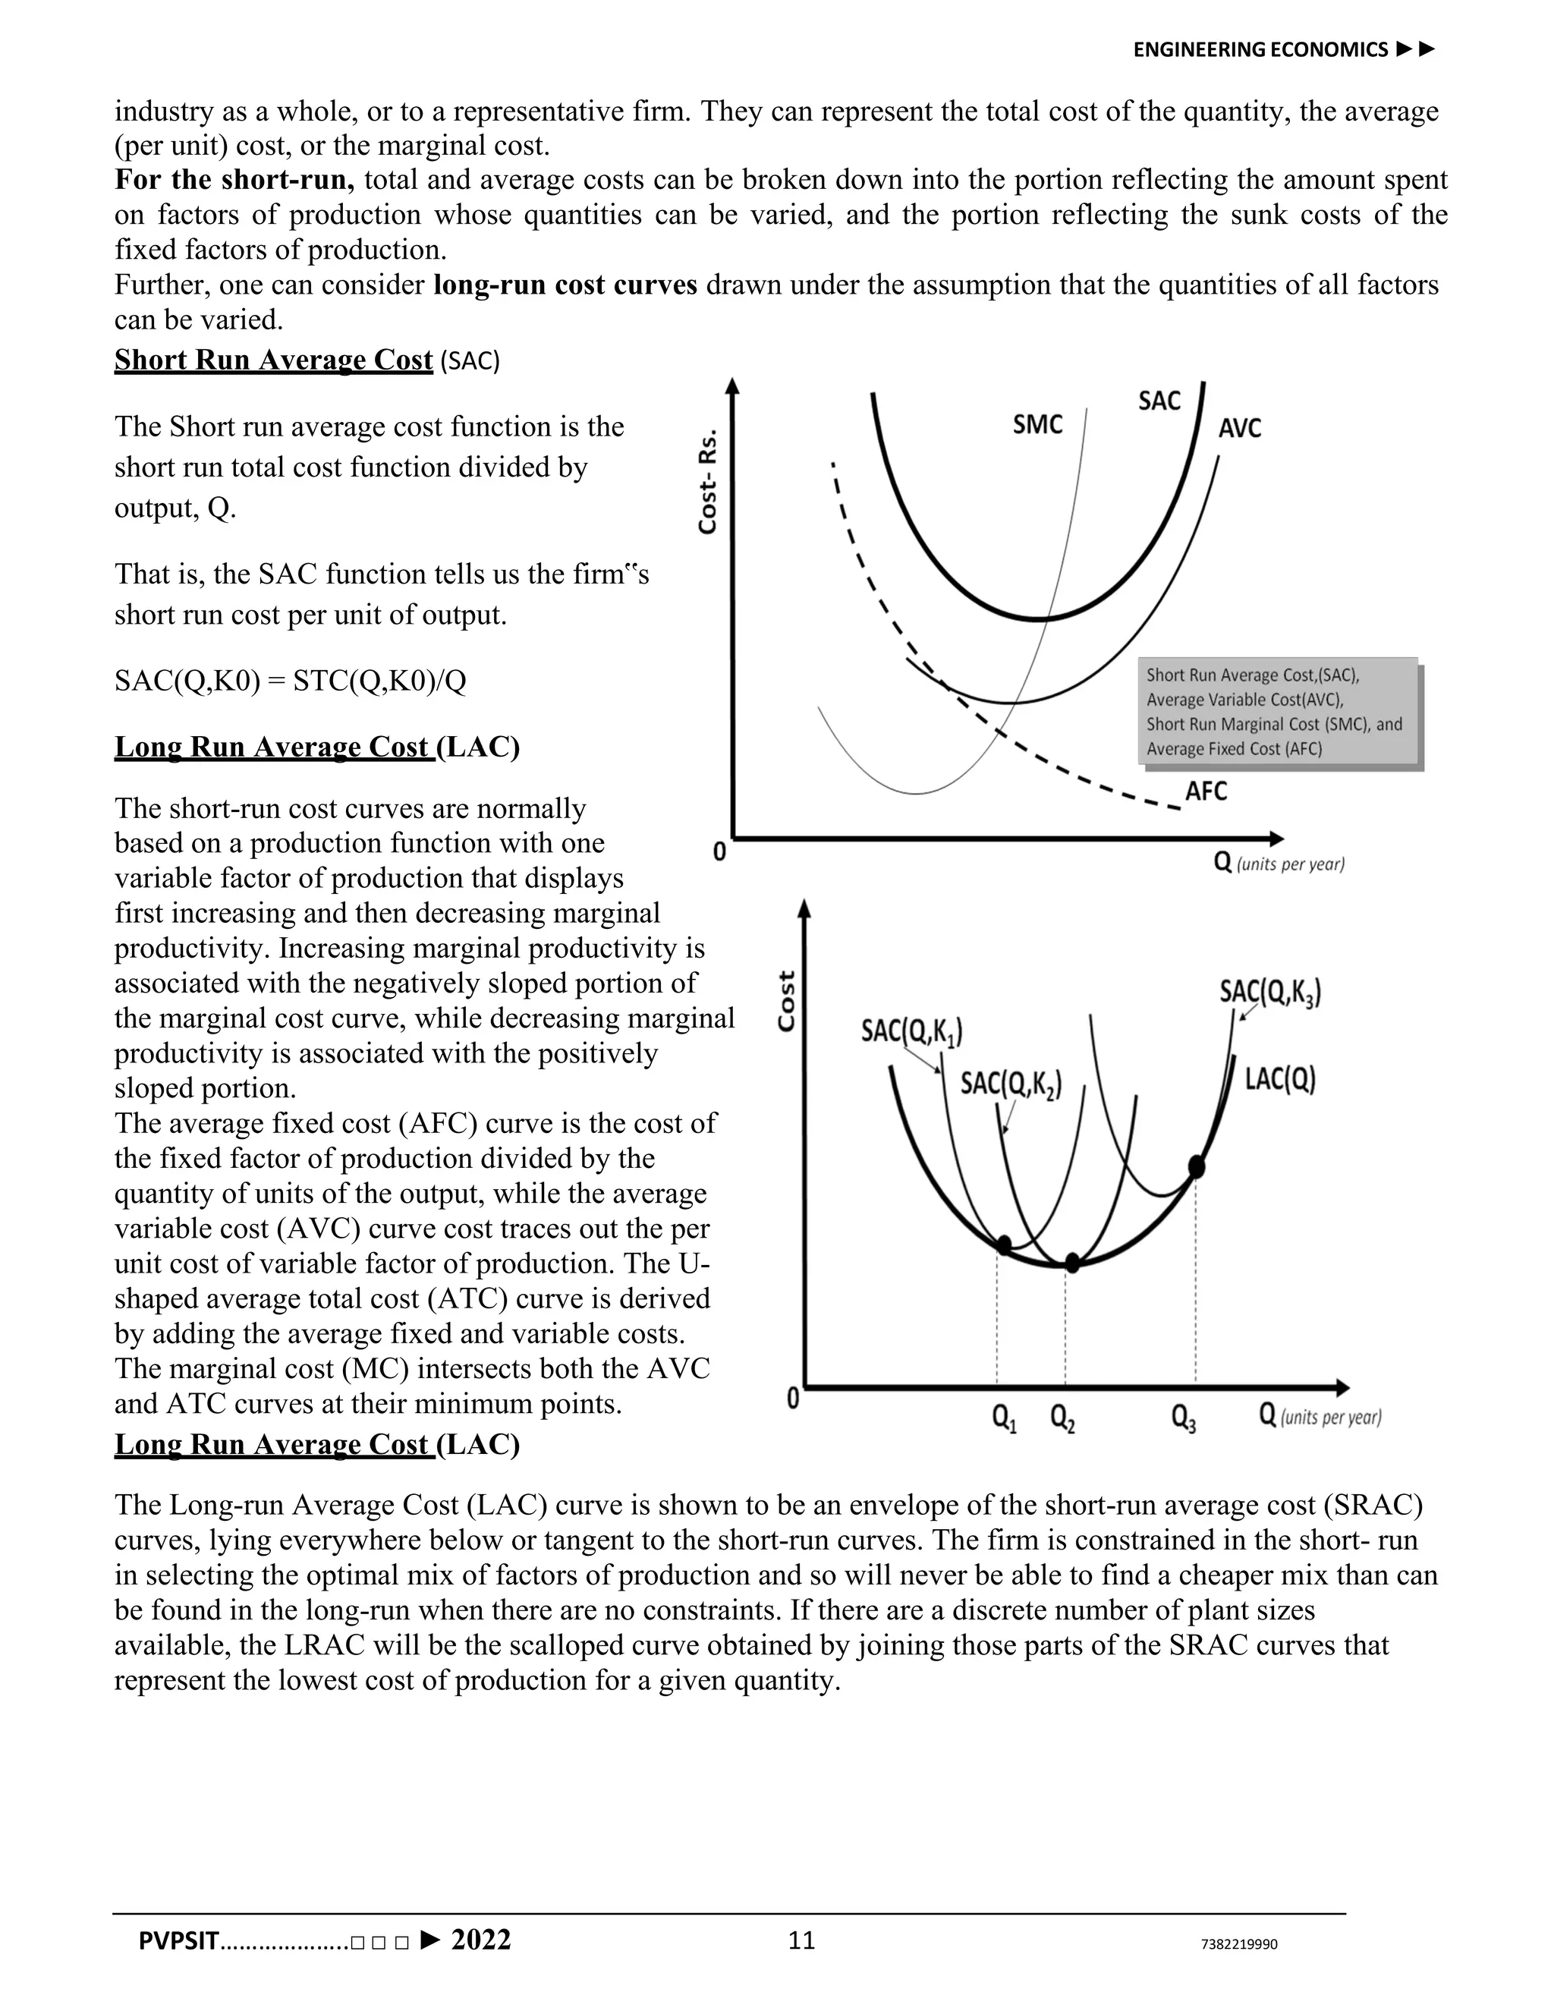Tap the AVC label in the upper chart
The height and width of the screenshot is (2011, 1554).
(x=1239, y=428)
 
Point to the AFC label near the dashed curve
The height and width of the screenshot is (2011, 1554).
(x=1205, y=791)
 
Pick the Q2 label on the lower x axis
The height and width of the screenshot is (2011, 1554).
(x=1062, y=1419)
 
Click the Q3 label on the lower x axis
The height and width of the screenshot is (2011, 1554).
(x=1183, y=1419)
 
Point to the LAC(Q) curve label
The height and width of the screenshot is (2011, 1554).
(x=1279, y=1079)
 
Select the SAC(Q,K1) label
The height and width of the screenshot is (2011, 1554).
(x=911, y=1031)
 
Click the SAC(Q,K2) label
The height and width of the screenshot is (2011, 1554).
(x=1011, y=1084)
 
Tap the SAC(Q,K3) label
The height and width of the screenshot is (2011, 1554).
(x=1270, y=992)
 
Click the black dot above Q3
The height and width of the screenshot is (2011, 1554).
(x=1196, y=1166)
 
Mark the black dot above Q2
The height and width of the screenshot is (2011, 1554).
(x=1071, y=1263)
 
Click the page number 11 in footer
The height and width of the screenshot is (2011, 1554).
(x=802, y=1941)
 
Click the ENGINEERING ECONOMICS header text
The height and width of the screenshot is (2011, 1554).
(x=1260, y=50)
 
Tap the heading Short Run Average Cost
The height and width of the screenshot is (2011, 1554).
(x=273, y=360)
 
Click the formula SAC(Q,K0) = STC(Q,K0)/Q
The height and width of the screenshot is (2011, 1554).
(x=290, y=681)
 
